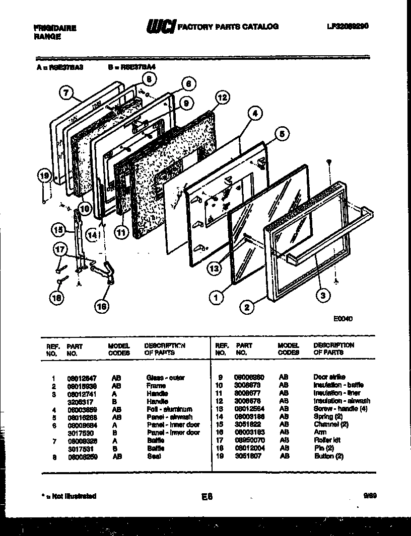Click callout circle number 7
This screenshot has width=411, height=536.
(65, 92)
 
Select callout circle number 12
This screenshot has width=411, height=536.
(222, 98)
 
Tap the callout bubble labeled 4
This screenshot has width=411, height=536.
(255, 114)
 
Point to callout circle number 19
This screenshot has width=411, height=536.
(45, 176)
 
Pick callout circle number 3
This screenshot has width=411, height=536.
(322, 295)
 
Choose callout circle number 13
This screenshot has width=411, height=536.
(215, 269)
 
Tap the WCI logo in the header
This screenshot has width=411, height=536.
(161, 27)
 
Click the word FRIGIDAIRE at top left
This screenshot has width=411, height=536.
(55, 29)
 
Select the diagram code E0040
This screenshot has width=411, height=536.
(342, 318)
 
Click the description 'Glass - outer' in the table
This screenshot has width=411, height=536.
(165, 378)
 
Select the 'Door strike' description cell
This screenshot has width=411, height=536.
(329, 377)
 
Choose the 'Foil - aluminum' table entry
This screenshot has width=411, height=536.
(169, 409)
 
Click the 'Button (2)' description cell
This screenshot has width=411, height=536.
(329, 456)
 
